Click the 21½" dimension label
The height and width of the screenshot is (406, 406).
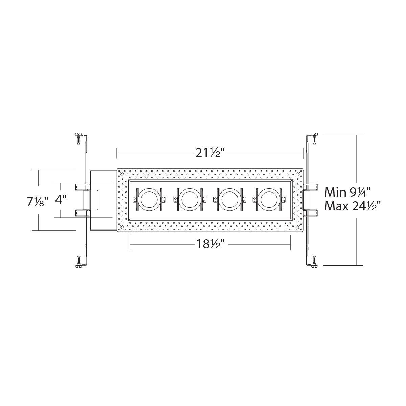(x=210, y=153)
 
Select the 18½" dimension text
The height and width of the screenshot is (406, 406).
(x=210, y=244)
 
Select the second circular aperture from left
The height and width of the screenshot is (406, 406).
(x=188, y=200)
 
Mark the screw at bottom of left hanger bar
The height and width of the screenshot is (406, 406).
(x=78, y=262)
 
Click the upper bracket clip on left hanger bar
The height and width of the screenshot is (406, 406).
(x=82, y=187)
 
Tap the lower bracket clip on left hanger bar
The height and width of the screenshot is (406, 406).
(x=82, y=213)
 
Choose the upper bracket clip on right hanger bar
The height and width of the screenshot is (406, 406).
(x=311, y=187)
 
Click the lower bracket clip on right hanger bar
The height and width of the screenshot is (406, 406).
(x=311, y=213)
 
